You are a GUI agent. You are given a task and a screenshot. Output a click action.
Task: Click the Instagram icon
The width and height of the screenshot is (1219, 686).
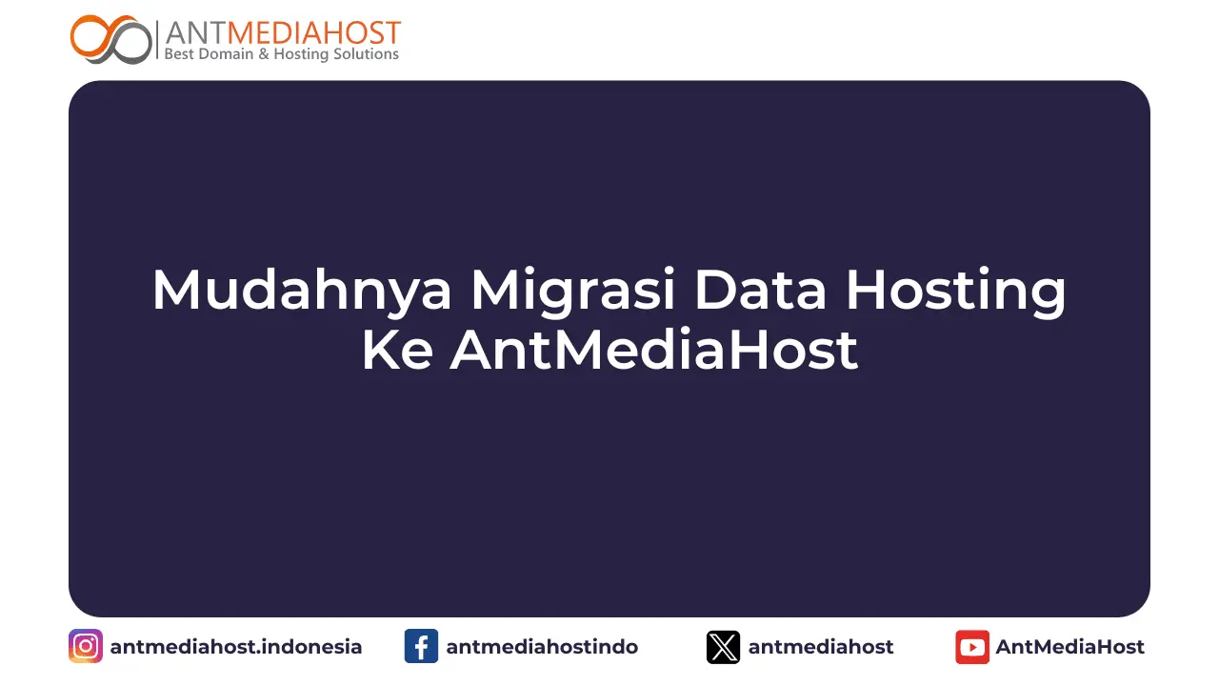[86, 647]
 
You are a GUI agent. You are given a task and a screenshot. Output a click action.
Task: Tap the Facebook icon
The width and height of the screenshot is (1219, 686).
[421, 647]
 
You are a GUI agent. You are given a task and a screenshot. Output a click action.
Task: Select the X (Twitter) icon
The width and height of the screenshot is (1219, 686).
[723, 647]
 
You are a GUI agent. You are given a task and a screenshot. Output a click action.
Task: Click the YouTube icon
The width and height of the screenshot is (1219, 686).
[972, 647]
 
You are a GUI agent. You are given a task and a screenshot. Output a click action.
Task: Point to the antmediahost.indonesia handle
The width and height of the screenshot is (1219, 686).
[236, 647]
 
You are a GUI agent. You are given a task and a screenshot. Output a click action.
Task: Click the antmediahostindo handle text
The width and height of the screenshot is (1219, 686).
[542, 647]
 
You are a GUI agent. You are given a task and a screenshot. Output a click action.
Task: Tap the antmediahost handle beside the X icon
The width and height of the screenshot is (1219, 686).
[821, 647]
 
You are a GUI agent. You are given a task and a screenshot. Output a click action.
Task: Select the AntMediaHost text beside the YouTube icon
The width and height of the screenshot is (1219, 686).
[1070, 647]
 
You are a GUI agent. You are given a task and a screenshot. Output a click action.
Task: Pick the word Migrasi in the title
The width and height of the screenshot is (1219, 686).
[573, 292]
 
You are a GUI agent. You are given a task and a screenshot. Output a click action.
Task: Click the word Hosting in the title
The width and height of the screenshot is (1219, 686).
[956, 292]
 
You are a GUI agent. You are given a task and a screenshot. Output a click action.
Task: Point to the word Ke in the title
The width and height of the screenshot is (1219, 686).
[397, 350]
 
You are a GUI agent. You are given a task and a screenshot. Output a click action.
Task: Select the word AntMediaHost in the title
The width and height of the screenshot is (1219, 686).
[654, 350]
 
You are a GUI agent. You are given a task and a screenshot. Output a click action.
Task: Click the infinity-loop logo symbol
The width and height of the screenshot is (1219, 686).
[111, 39]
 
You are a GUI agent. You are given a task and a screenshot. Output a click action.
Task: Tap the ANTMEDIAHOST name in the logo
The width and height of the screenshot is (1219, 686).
[283, 32]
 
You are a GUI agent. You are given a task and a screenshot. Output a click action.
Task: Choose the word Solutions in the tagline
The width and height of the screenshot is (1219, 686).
[364, 54]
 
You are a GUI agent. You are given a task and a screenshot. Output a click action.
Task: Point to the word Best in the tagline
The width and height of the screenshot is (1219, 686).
[180, 54]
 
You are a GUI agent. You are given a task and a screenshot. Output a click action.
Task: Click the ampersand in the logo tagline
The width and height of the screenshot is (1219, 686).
[262, 54]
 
